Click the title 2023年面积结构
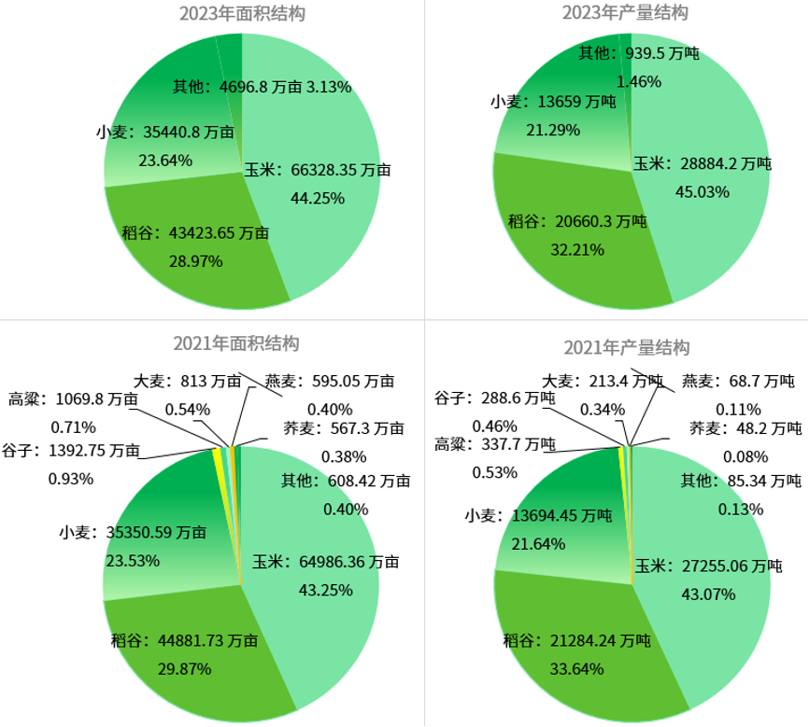click(241, 13)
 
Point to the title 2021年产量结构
click(626, 348)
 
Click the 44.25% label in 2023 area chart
click(318, 197)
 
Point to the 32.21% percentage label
click(576, 249)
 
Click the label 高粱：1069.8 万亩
click(74, 398)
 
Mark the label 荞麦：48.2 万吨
click(745, 428)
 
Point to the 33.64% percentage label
click(576, 668)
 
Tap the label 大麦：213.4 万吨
click(603, 381)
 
